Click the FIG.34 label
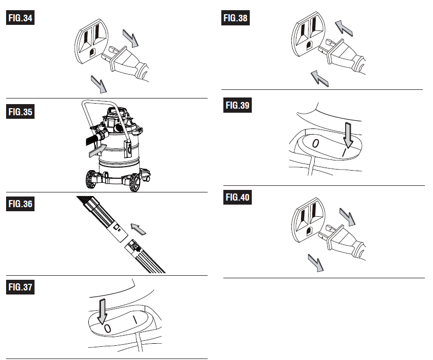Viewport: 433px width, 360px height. [x=20, y=18]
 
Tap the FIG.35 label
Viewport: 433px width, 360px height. [x=20, y=112]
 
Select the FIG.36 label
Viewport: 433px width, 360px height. [x=20, y=204]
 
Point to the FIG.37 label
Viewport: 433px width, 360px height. [x=20, y=287]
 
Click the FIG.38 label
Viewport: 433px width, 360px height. [x=235, y=18]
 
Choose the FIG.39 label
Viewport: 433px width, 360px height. [x=238, y=105]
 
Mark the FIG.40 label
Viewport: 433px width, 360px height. [x=238, y=198]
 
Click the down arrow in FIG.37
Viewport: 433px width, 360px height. [x=102, y=311]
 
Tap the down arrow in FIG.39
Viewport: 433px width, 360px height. [x=349, y=135]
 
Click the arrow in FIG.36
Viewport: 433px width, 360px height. [x=138, y=229]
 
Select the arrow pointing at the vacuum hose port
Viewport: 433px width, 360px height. [x=98, y=150]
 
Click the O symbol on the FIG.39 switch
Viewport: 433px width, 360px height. [x=315, y=143]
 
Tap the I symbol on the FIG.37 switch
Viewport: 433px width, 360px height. [x=135, y=320]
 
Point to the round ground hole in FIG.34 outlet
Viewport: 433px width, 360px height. [x=92, y=52]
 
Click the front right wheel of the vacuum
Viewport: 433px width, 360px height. [x=135, y=182]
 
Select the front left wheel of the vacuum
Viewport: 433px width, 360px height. [x=90, y=179]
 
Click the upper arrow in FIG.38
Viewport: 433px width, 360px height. [x=344, y=28]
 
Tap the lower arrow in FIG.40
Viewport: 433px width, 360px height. [x=316, y=263]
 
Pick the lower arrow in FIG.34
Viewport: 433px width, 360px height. [x=99, y=84]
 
